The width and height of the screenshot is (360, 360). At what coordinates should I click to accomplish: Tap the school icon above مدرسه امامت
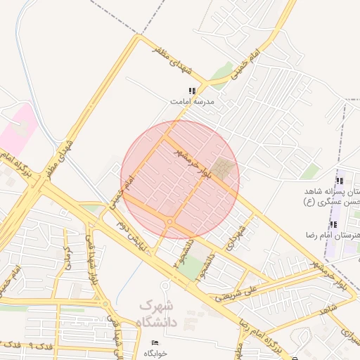[x=191, y=91]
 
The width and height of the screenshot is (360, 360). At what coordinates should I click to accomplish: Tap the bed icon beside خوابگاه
[x=155, y=342]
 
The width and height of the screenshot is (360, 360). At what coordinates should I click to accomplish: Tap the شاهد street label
[x=326, y=307]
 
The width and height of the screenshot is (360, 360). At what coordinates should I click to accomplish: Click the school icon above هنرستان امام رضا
[x=333, y=224]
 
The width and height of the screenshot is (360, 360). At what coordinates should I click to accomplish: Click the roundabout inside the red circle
[x=170, y=222]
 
